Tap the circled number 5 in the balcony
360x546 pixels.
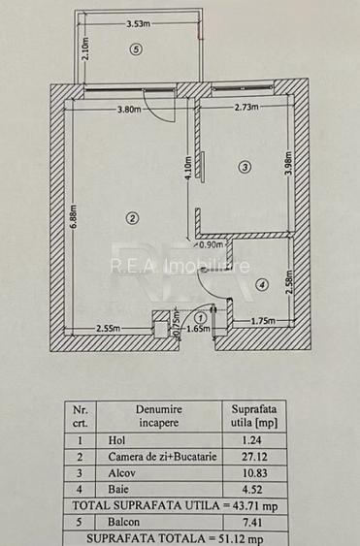[x=135, y=50]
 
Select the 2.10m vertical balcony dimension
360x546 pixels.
[x=85, y=49]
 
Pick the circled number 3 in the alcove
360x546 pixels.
[x=244, y=166]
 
